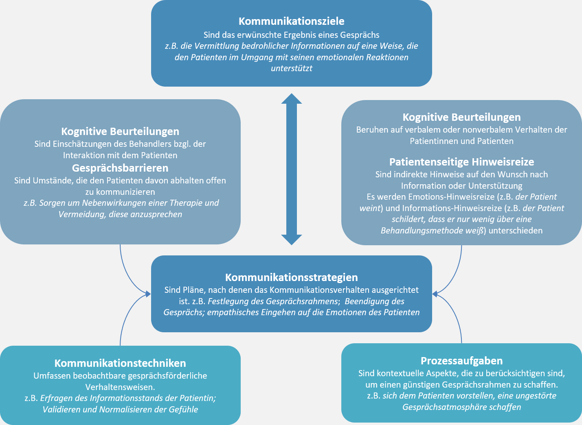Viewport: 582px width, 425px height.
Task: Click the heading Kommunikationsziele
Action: coord(292,21)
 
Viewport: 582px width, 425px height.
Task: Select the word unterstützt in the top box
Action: coord(292,68)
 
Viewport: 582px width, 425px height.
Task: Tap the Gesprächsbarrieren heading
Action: coord(120,168)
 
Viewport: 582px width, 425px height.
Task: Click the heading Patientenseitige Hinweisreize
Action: coord(461,162)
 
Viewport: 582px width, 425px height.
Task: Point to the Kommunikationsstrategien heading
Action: coord(292,277)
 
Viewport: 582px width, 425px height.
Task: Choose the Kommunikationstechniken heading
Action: coord(120,363)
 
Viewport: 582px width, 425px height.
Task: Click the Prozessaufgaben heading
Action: coord(461,361)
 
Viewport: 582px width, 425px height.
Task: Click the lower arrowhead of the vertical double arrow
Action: coord(292,240)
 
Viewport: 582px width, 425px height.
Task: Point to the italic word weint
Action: coord(370,208)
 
